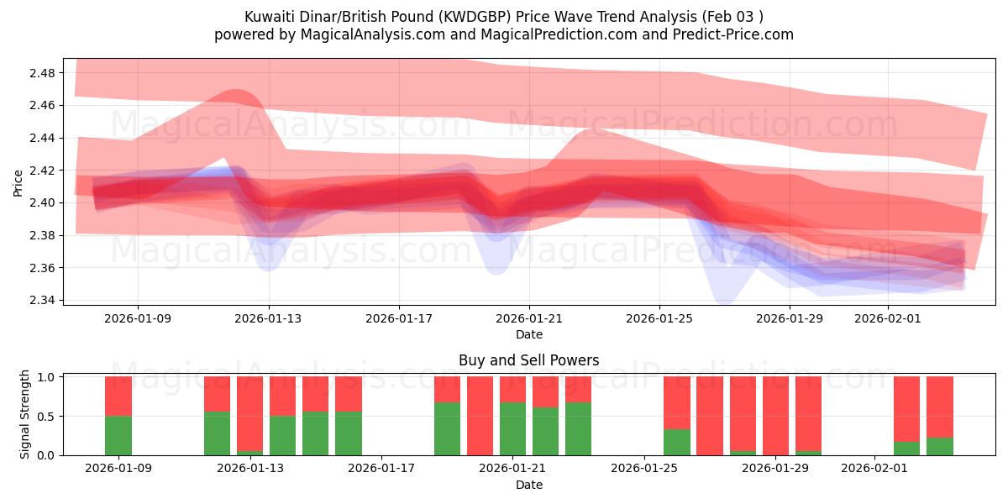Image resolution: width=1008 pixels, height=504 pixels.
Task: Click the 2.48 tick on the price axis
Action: tap(42, 73)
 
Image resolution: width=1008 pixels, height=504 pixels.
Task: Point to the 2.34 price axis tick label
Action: tap(42, 300)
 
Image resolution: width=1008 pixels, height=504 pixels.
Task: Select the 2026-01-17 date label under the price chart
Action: tap(399, 319)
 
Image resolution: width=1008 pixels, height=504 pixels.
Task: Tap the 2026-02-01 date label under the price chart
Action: tap(888, 319)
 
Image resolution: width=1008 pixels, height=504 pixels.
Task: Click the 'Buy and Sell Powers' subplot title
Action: tap(528, 360)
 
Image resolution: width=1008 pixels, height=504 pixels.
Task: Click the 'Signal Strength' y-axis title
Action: tap(25, 414)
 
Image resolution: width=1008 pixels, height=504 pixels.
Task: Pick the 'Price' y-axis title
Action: tap(18, 182)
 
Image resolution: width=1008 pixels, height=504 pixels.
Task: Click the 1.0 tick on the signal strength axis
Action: tap(48, 377)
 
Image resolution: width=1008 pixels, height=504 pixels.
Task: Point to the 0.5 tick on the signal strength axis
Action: tap(48, 417)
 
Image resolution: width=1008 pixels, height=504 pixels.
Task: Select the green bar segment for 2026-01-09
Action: tap(118, 435)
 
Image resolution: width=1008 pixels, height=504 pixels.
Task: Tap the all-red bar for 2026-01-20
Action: tap(480, 416)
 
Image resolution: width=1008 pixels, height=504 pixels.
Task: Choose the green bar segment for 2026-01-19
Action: tap(447, 428)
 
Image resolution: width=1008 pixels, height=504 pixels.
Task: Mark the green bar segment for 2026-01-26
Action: tap(677, 442)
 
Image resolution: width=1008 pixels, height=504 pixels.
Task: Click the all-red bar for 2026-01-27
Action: tap(710, 416)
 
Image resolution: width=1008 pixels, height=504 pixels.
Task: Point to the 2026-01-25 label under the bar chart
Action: tap(644, 468)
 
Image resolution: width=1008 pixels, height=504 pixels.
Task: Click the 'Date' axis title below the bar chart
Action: tap(528, 485)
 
